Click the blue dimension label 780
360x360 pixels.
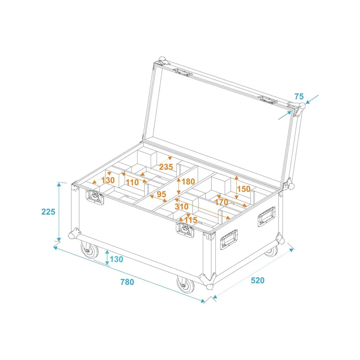tap(127, 282)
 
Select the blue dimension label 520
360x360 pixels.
tap(258, 280)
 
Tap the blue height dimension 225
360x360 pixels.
tap(48, 212)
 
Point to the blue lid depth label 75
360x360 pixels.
tap(299, 96)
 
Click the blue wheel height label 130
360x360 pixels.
tap(116, 259)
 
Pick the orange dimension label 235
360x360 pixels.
tap(166, 167)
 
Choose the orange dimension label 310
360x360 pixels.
tap(181, 206)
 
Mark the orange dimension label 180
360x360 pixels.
tap(188, 181)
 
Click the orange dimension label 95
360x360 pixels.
tap(161, 194)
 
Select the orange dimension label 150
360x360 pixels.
tap(244, 189)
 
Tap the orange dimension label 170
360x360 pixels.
tap(221, 202)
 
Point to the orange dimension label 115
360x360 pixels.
tap(191, 220)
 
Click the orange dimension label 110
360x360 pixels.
tap(132, 183)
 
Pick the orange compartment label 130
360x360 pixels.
tap(108, 180)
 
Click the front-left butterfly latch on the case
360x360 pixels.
tap(95, 197)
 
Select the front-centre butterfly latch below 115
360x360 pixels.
tap(185, 230)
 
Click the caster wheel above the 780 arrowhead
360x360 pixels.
tap(185, 285)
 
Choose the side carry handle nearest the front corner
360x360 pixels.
tap(229, 239)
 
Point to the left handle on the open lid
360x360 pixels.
tap(183, 72)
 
